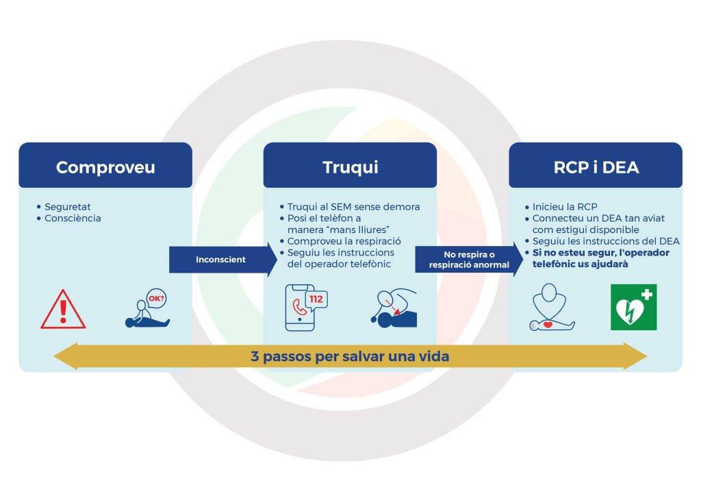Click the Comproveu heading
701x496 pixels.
coord(105,167)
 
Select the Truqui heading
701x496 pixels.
coord(350,167)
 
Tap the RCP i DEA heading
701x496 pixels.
coord(595,167)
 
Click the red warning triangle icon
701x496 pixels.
coord(63,309)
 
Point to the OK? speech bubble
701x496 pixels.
coord(157,299)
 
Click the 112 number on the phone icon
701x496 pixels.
coord(316,299)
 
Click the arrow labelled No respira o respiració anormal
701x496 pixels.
coord(467,260)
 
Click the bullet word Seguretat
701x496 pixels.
coord(67,206)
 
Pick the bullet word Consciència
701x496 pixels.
coord(73,218)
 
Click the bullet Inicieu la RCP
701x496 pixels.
coord(565,206)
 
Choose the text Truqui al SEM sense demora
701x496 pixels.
coord(353,206)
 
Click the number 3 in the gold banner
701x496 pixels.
coord(254,357)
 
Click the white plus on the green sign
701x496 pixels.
coord(647,295)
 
